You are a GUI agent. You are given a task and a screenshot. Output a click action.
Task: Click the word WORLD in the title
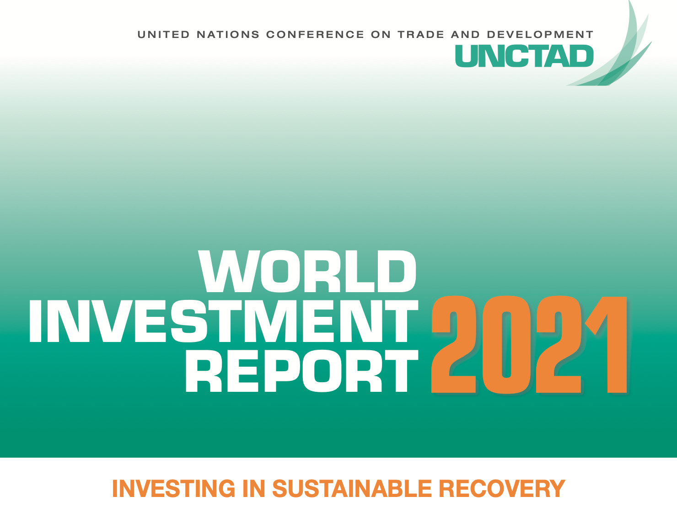[307, 272]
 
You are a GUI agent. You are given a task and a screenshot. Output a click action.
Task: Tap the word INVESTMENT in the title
[223, 321]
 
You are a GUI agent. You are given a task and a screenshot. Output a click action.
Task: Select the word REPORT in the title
[302, 371]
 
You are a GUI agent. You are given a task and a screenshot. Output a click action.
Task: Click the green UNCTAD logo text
[524, 56]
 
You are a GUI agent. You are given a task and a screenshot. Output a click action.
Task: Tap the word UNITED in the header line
[163, 35]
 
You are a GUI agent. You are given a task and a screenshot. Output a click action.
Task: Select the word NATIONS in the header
[228, 35]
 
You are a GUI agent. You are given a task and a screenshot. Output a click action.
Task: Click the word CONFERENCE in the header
[315, 35]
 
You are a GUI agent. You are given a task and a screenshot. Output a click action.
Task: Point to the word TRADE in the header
[421, 35]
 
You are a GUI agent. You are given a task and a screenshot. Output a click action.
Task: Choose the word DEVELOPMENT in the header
[540, 35]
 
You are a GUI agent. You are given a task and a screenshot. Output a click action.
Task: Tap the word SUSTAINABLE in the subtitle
[352, 488]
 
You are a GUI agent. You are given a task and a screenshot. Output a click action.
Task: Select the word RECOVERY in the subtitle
[502, 488]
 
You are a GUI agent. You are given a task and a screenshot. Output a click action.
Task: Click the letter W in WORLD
[227, 272]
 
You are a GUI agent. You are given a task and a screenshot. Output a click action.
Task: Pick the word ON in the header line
[381, 35]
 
